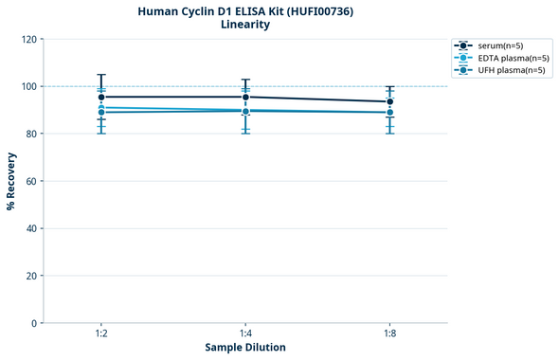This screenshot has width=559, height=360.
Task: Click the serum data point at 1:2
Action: (101, 97)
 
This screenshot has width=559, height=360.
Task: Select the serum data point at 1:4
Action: (245, 97)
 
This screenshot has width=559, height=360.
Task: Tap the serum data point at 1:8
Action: (389, 101)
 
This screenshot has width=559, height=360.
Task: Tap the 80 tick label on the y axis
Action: (30, 134)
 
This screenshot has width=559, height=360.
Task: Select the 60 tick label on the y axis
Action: (30, 181)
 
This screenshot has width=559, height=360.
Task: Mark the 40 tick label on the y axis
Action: (30, 228)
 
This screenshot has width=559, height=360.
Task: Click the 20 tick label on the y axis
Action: (30, 276)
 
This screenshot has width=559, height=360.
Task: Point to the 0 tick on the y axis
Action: (33, 323)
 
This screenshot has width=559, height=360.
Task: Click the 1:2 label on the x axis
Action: (101, 333)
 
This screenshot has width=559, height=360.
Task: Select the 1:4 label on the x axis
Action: (245, 333)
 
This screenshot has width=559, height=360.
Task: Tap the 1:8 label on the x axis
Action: (389, 333)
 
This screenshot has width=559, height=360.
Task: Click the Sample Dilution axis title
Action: (245, 348)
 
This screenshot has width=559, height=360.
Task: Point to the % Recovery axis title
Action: (11, 180)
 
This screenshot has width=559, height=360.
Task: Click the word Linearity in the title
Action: (244, 25)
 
